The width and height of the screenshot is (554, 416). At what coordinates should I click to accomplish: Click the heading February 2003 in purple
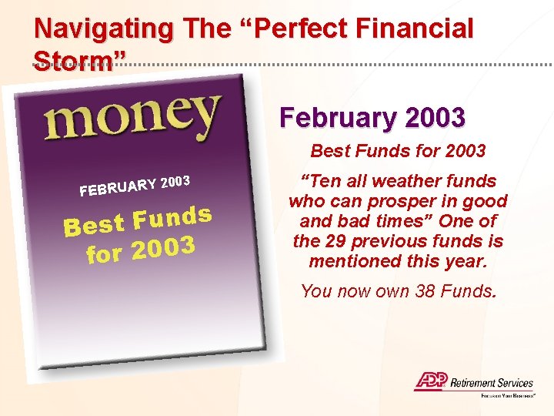tap(372, 118)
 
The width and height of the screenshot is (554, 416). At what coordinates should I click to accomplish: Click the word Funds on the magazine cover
tap(172, 217)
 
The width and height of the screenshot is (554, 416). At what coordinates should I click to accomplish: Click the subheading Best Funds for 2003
tap(398, 151)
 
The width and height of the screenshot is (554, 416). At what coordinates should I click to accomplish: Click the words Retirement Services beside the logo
tap(491, 382)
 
